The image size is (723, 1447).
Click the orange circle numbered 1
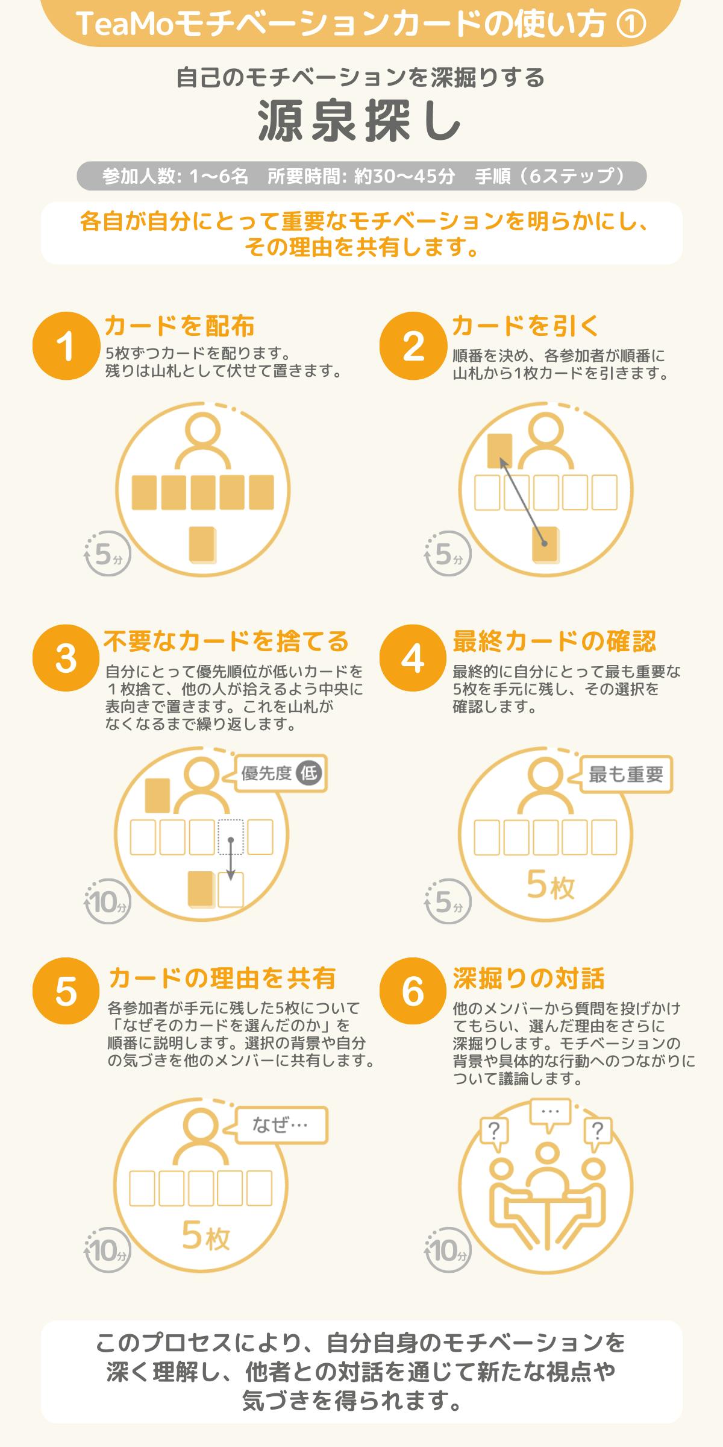[66, 345]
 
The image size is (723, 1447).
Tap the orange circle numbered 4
[413, 658]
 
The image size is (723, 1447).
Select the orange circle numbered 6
[413, 991]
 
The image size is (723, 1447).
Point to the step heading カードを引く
[526, 326]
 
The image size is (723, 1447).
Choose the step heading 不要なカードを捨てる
[227, 641]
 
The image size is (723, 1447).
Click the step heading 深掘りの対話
[528, 978]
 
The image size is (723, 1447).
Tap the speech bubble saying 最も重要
[625, 775]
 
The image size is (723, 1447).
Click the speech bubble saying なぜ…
[281, 1125]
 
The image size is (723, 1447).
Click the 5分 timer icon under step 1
[107, 553]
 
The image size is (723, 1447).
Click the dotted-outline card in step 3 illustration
[231, 837]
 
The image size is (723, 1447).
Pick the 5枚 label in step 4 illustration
[551, 885]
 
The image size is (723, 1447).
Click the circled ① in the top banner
[632, 24]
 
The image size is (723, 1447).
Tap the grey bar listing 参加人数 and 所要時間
[361, 176]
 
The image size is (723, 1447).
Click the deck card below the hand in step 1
[202, 544]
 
